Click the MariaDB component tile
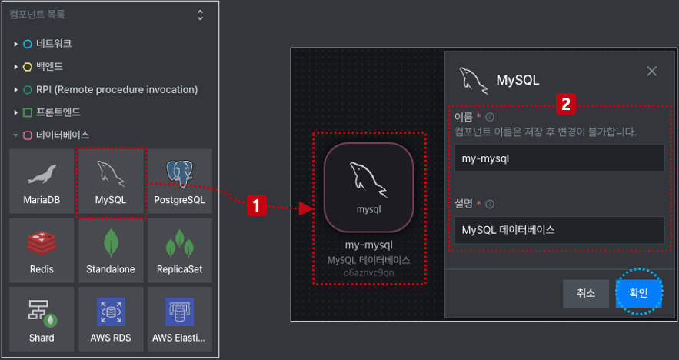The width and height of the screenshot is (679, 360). click(42, 181)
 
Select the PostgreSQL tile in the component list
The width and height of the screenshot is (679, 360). click(180, 181)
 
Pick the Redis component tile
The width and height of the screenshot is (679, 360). click(42, 251)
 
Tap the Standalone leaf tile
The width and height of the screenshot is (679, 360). click(111, 251)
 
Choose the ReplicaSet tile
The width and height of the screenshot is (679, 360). click(180, 251)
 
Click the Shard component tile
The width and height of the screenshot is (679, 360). click(42, 319)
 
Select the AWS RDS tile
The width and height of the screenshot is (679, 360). click(111, 319)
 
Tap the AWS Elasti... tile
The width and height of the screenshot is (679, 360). click(180, 319)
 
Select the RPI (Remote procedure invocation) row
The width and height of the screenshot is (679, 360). click(105, 90)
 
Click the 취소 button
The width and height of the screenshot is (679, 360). click(586, 293)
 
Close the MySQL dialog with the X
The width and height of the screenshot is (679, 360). click(652, 71)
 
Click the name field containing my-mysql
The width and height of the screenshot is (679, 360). click(560, 158)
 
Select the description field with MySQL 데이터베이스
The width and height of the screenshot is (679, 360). click(560, 230)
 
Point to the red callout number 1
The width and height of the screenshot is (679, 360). click(256, 205)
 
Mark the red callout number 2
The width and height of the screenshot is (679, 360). click(566, 104)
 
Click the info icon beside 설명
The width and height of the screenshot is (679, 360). click(490, 204)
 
